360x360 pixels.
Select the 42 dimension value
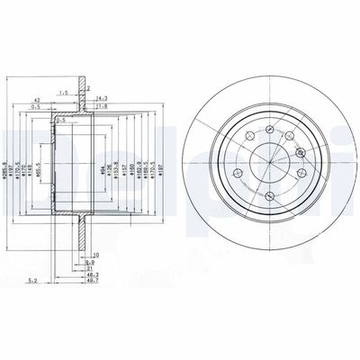coord(36,101)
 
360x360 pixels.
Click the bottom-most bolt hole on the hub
coord(269,195)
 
